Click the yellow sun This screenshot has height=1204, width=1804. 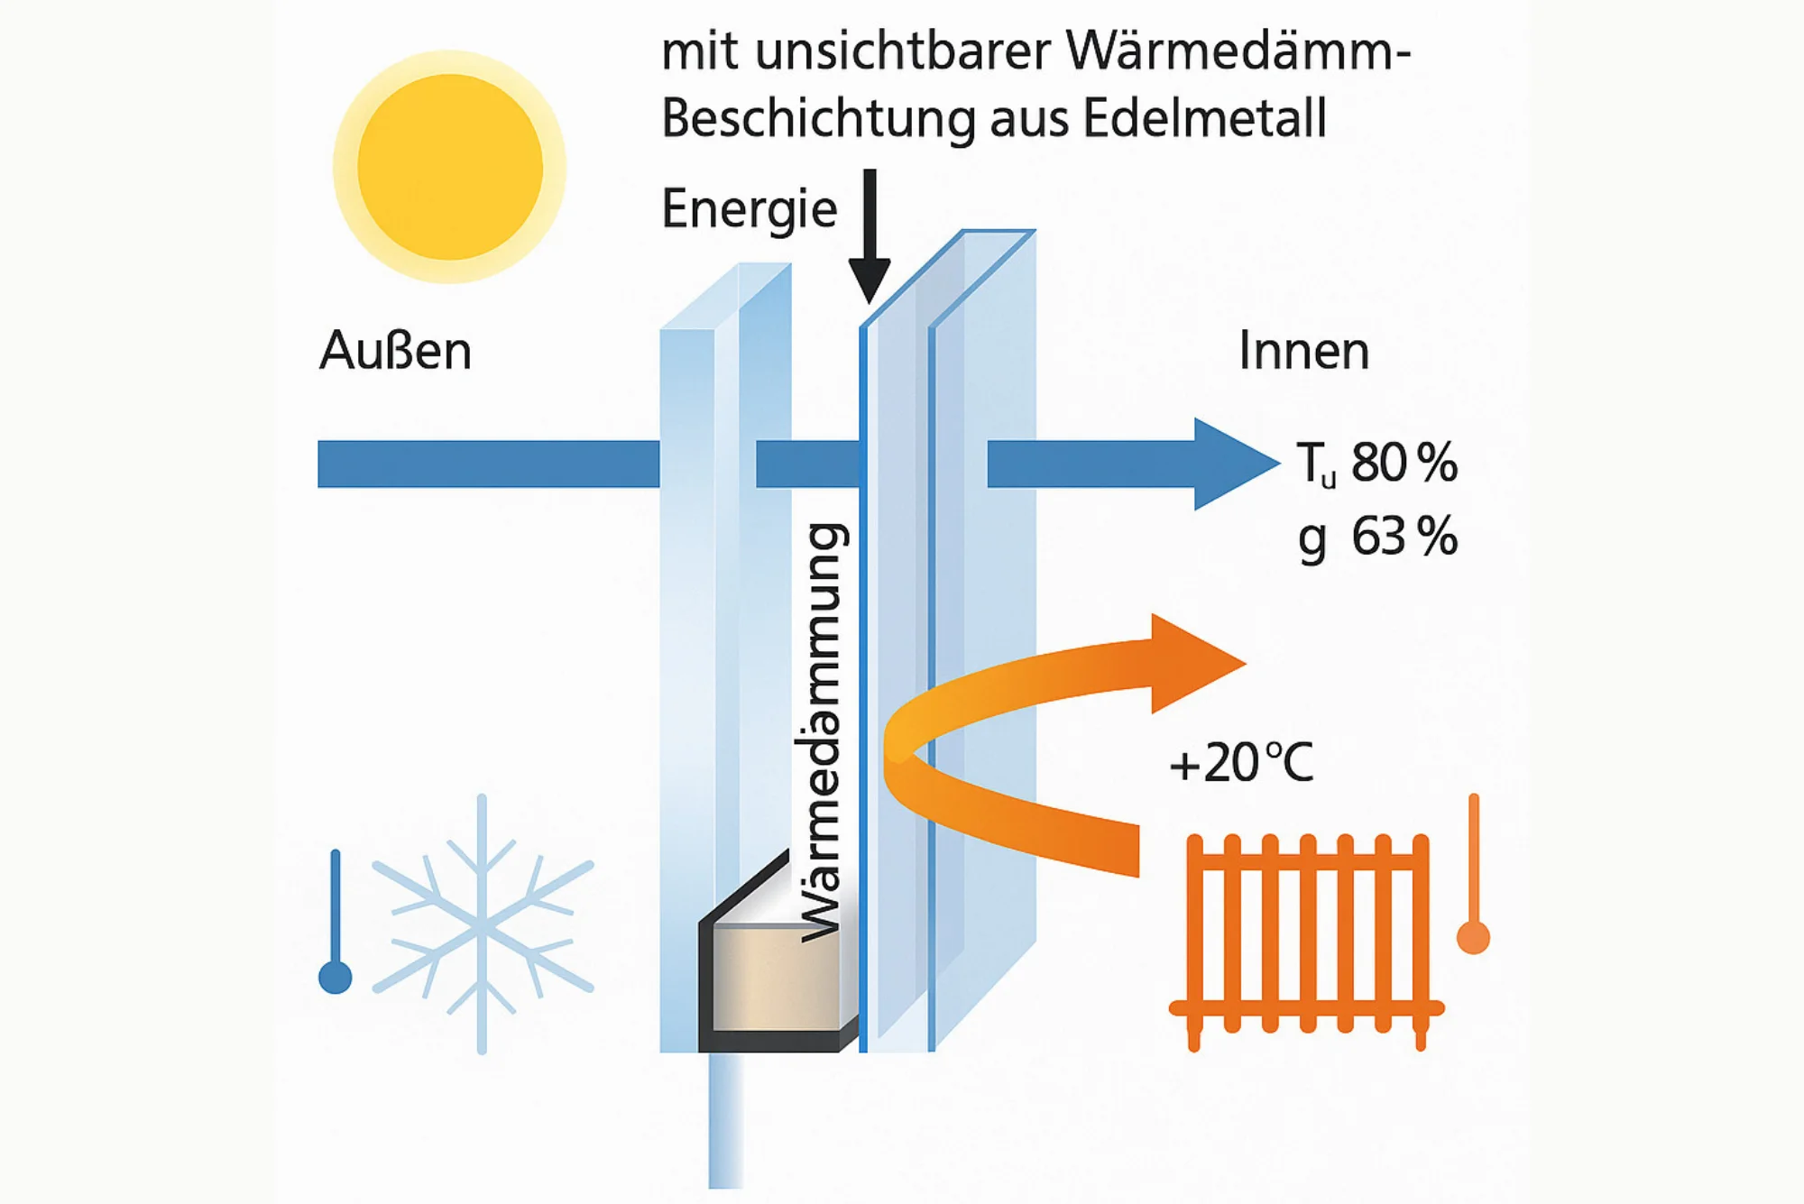tap(449, 167)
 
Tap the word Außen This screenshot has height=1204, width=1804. tap(395, 351)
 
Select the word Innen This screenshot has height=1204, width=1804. tap(1303, 351)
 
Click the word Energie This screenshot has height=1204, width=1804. tap(749, 209)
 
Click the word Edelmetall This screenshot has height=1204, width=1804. tap(1204, 118)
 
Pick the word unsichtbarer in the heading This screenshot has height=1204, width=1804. tap(903, 51)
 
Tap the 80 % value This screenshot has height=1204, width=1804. tap(1404, 464)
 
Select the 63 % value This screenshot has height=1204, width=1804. tap(1404, 537)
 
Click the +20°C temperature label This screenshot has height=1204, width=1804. tap(1241, 763)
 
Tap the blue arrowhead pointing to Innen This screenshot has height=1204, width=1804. tap(1231, 464)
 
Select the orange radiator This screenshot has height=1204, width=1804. tap(1306, 938)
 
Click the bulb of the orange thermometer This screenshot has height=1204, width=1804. tap(1473, 937)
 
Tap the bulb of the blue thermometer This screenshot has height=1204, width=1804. tap(336, 978)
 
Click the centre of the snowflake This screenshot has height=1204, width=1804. tap(482, 925)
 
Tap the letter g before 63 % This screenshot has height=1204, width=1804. tap(1312, 539)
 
